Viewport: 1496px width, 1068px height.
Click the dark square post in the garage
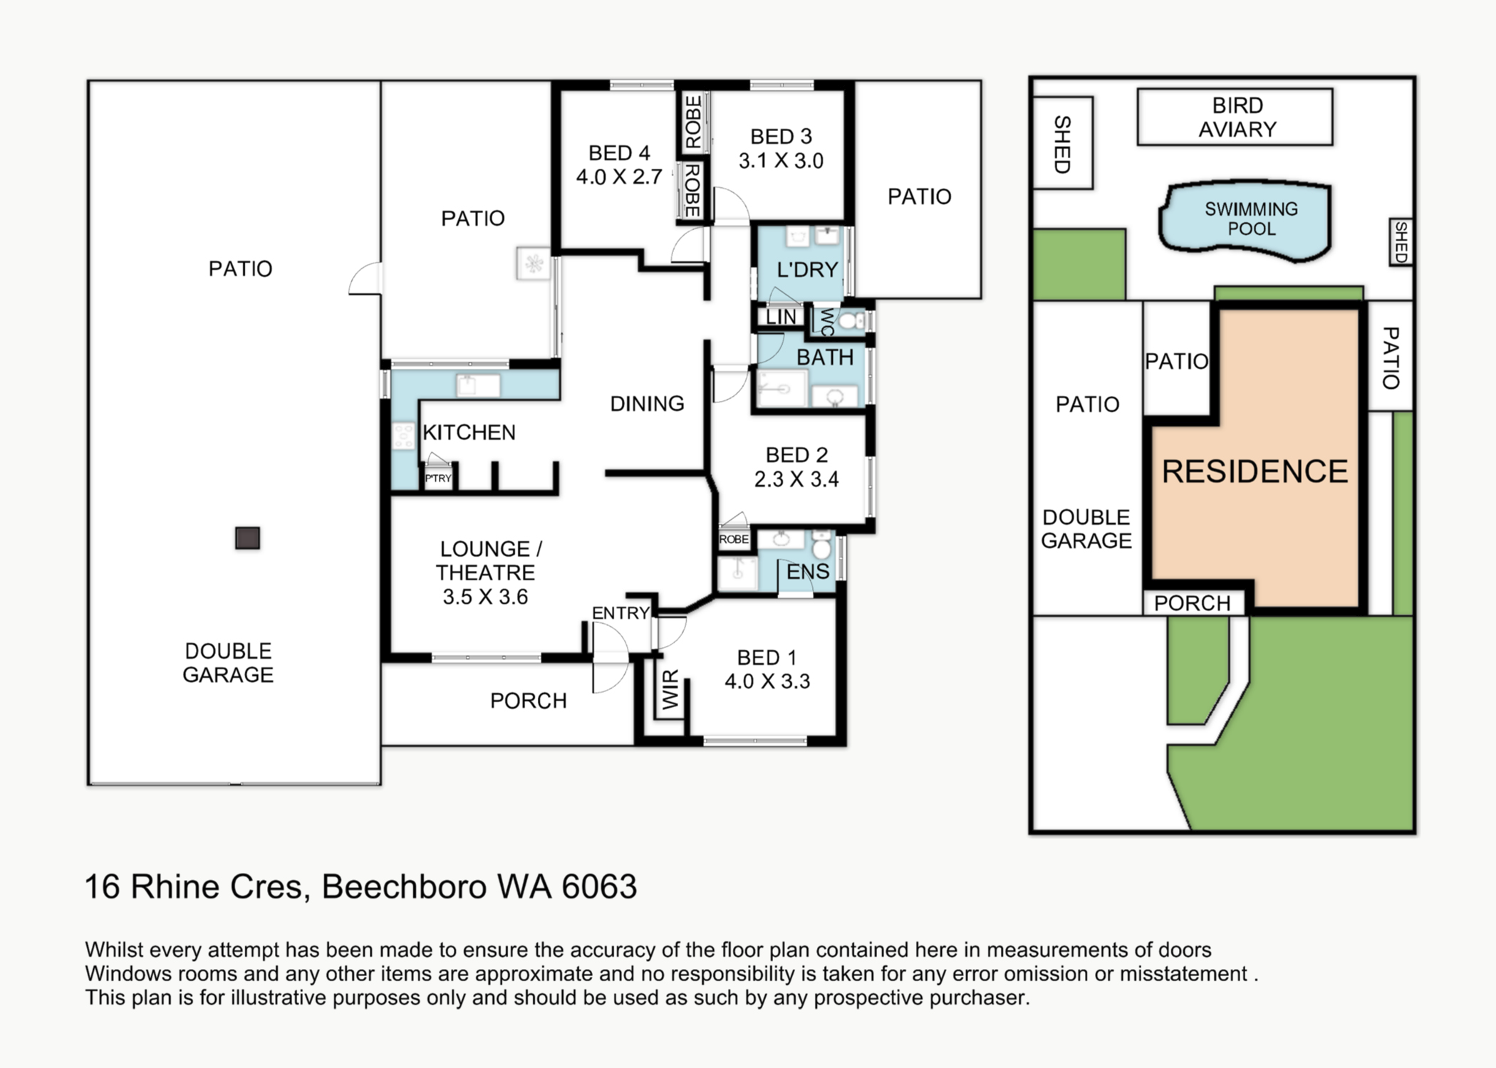click(x=248, y=538)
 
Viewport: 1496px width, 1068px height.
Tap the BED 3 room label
click(x=781, y=136)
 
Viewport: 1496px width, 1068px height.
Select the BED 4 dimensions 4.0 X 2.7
click(x=619, y=177)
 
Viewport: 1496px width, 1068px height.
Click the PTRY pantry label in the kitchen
click(x=438, y=478)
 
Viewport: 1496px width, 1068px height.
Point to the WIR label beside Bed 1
click(x=671, y=690)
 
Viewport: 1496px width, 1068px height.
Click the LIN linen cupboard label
click(x=781, y=317)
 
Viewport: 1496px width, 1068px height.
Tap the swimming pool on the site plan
click(x=1250, y=219)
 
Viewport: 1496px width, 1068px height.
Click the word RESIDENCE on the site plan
click(x=1255, y=471)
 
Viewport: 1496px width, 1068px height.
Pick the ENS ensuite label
click(x=807, y=572)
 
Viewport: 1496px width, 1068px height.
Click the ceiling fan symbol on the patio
click(x=534, y=264)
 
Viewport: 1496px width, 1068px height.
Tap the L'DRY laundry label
click(x=806, y=270)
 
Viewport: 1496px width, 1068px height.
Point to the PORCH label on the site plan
click(x=1192, y=603)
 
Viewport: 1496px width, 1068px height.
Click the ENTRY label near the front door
click(x=620, y=613)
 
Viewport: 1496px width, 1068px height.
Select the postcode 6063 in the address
click(x=599, y=887)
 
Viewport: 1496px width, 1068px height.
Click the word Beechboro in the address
click(x=404, y=887)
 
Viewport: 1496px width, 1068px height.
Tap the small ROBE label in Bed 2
click(x=734, y=540)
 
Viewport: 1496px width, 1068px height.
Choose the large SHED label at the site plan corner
click(x=1062, y=144)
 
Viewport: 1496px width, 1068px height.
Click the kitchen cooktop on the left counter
click(x=403, y=435)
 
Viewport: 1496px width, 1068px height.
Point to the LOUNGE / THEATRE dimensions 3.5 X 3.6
click(x=485, y=597)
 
